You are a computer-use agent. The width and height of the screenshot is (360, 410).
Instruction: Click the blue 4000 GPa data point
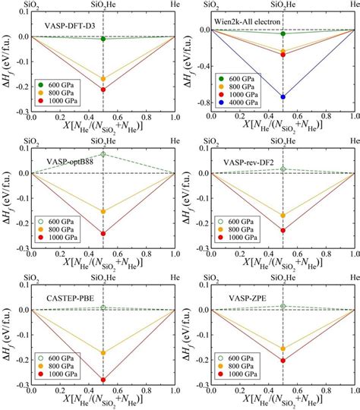[x=283, y=96]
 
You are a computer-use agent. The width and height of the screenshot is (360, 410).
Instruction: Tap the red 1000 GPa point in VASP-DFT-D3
[x=103, y=90]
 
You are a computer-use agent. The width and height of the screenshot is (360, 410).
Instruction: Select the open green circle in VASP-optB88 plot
[x=103, y=154]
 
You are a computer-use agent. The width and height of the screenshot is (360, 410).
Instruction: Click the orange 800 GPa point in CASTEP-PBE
[x=103, y=352]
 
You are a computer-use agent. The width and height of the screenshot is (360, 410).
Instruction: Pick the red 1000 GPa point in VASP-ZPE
[x=283, y=361]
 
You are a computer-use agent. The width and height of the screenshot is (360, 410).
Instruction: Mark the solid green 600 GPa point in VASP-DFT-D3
[x=103, y=39]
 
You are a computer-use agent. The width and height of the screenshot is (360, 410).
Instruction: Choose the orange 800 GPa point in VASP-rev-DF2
[x=283, y=216]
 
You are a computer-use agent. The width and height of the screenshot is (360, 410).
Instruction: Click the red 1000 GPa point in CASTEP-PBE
[x=103, y=380]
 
